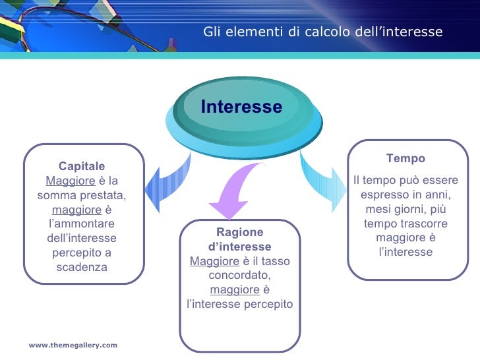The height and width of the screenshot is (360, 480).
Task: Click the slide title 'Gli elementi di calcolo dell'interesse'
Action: (322, 32)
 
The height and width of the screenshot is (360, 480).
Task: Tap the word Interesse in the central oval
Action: (241, 107)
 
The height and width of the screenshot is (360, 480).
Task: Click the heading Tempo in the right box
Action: (405, 158)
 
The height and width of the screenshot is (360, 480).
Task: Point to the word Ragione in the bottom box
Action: (240, 232)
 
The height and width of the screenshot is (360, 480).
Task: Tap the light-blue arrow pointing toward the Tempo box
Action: (324, 181)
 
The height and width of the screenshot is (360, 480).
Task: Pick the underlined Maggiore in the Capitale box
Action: (71, 181)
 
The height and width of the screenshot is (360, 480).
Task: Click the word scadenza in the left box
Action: (81, 267)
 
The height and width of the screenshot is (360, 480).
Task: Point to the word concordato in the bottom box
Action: (239, 276)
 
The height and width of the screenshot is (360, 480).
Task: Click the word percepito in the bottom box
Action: (269, 305)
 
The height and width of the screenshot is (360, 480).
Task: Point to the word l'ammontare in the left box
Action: (81, 224)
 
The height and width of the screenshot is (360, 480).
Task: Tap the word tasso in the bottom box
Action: (276, 261)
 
